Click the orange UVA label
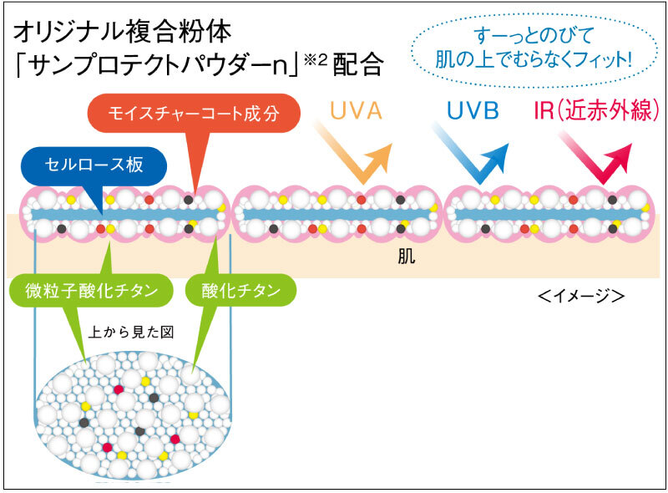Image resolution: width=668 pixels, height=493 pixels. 356,111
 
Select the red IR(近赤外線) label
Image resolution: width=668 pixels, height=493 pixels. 595,111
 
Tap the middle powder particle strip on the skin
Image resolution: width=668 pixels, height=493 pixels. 337,214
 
